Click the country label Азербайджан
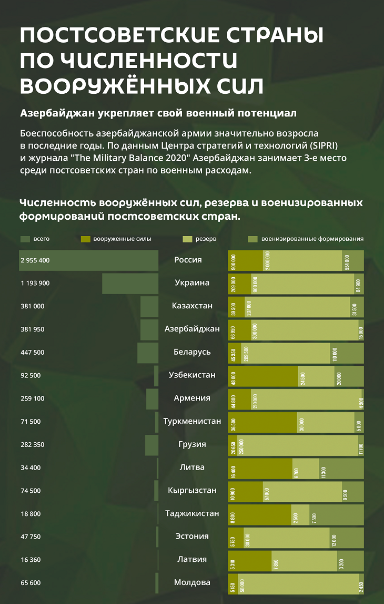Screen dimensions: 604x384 coord(192,329)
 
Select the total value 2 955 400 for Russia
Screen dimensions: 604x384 coord(35,260)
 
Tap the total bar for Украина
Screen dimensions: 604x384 coord(130,284)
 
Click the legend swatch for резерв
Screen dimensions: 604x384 coord(187,239)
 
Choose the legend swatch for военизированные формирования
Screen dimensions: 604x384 coord(252,239)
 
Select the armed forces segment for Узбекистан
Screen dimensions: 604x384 coord(263,376)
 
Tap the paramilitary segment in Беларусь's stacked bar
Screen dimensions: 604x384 coord(347,353)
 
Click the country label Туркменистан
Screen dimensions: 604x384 coord(192,421)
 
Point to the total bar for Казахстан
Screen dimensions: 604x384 coord(149,306)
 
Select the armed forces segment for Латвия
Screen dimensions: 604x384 coord(250,560)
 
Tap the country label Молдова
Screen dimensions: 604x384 coord(192,582)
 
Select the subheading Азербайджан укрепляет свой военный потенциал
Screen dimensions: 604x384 coord(158,113)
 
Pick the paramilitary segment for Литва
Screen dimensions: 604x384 coord(341,468)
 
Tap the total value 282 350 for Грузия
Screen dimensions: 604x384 coord(33,444)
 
